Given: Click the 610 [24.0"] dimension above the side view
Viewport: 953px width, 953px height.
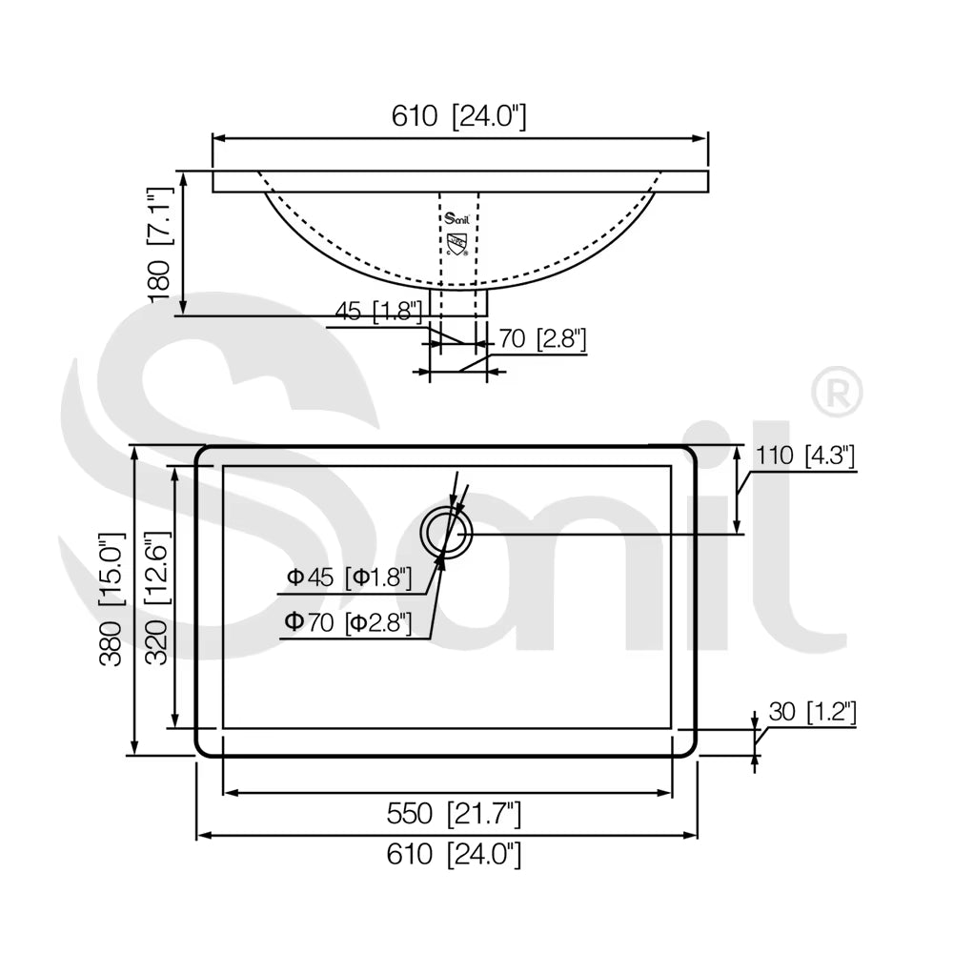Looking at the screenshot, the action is tap(459, 115).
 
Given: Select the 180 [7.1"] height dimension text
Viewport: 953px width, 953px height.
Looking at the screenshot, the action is tap(160, 243).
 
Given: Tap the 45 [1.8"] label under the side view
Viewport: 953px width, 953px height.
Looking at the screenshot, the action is tap(378, 312).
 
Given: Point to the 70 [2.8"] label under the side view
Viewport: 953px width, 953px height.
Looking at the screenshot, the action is tap(543, 338).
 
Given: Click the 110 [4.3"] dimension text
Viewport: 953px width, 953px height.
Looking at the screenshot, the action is tap(804, 456).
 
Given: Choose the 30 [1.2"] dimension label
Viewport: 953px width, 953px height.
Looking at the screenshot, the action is tap(812, 712).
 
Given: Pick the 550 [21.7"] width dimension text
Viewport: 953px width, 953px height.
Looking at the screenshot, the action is tap(454, 814).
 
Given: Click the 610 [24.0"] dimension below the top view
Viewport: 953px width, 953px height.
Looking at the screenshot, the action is tap(454, 855).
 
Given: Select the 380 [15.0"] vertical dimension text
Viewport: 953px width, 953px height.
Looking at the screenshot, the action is tap(112, 599).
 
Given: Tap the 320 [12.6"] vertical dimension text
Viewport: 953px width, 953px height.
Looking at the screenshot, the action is tap(158, 599).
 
